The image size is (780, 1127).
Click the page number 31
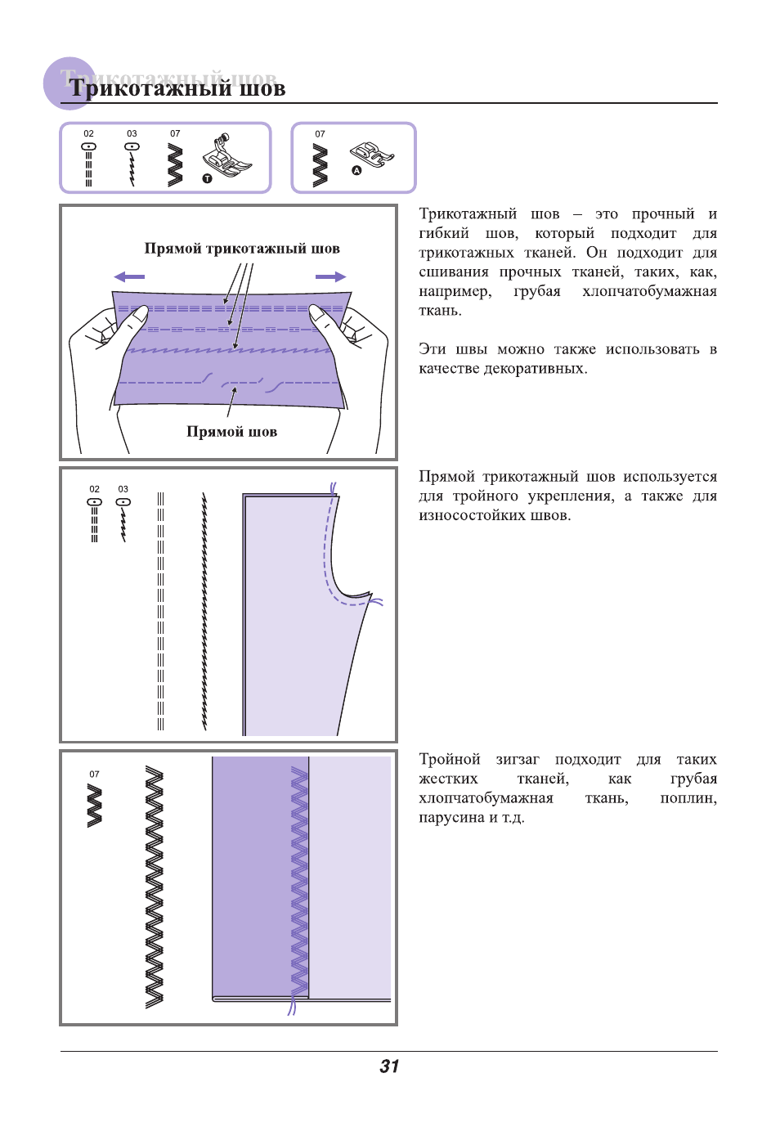tap(389, 1066)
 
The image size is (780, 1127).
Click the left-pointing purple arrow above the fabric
tap(129, 276)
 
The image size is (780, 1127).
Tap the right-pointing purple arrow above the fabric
tap(330, 276)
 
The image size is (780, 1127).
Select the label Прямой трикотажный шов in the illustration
tap(242, 249)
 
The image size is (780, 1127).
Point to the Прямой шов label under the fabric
tap(231, 432)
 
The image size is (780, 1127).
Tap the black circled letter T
tap(208, 178)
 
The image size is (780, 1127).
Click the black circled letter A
tap(356, 171)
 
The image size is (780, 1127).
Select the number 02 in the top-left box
tap(88, 133)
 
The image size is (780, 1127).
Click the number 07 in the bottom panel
tap(94, 774)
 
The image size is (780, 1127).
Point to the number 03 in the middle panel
tap(123, 489)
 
